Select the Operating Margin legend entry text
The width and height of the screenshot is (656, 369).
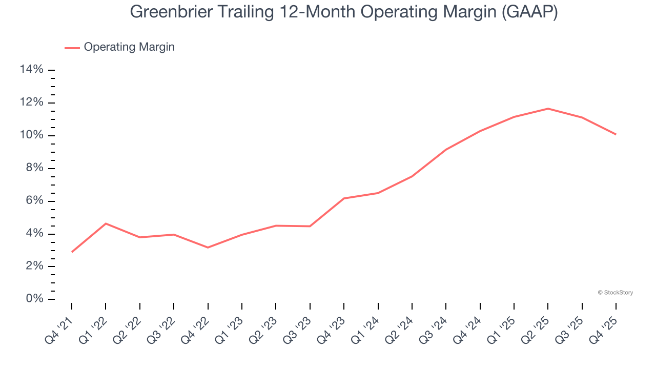coord(129,47)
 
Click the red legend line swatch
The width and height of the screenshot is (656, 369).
coord(72,48)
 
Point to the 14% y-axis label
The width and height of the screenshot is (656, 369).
coord(31,70)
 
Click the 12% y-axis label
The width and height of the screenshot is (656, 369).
coord(31,102)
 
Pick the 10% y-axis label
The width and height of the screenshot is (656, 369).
coord(31,135)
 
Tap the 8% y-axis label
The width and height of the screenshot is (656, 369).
coord(34,168)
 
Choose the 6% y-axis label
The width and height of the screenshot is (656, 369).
coord(34,201)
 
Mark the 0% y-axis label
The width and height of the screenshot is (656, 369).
coord(34,299)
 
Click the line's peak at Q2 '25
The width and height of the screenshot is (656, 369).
coord(548,109)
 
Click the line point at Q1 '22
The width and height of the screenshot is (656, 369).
coord(106,223)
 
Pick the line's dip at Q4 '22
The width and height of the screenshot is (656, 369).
coord(208,248)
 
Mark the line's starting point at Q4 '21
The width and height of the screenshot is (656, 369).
coord(72,252)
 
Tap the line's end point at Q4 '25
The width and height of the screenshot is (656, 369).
coord(616,134)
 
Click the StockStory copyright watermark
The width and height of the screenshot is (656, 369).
coord(615,293)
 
